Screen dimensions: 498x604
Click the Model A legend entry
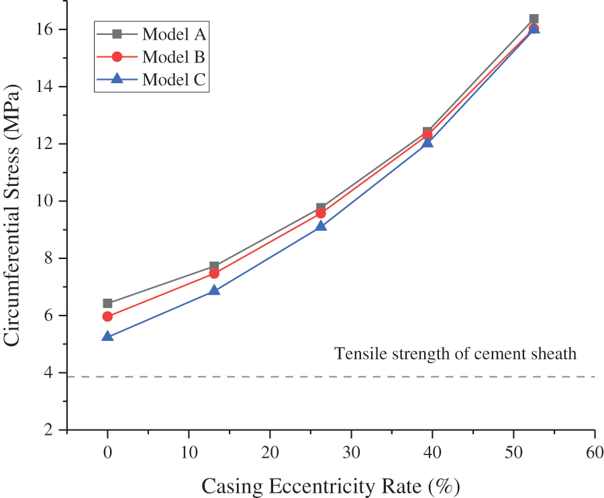[150, 34]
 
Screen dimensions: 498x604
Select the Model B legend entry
[150, 56]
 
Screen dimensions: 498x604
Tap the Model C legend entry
[150, 79]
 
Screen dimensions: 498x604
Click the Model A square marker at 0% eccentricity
[107, 303]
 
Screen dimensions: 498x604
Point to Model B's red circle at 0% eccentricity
[107, 316]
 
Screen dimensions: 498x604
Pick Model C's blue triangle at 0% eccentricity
[107, 336]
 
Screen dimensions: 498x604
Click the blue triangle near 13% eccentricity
[214, 291]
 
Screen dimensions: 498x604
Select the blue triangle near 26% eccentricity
[321, 226]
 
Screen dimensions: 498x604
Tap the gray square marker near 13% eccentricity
[214, 266]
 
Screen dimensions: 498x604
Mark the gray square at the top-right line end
[534, 19]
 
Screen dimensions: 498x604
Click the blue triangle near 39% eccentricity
[427, 142]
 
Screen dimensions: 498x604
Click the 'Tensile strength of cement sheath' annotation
[456, 354]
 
